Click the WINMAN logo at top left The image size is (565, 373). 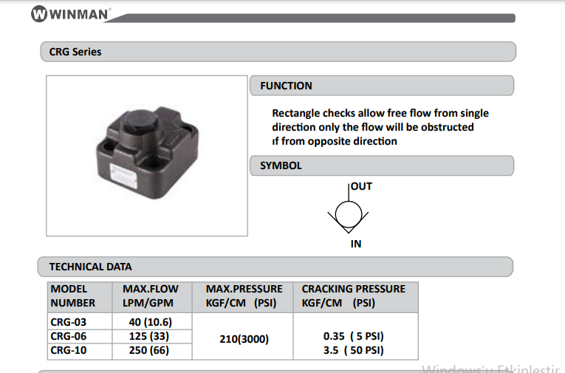(x=71, y=14)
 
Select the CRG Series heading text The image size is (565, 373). (x=75, y=52)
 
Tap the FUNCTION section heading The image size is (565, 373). (x=286, y=86)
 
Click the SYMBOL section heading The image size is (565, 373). (x=281, y=165)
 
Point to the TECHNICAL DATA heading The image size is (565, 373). (x=90, y=267)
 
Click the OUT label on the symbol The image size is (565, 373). (x=361, y=186)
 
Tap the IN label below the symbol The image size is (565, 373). (x=356, y=244)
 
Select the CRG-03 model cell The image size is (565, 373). (x=69, y=322)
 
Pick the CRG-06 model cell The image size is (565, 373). (x=69, y=336)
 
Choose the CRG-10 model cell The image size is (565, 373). (x=69, y=350)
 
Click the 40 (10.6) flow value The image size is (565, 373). (x=151, y=322)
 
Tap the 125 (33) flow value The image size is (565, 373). (x=149, y=336)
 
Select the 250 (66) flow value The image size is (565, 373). (x=149, y=350)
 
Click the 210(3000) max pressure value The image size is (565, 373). (x=244, y=339)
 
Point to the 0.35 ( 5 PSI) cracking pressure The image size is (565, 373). (x=354, y=336)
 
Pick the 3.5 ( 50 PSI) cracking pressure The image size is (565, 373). (x=354, y=350)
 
